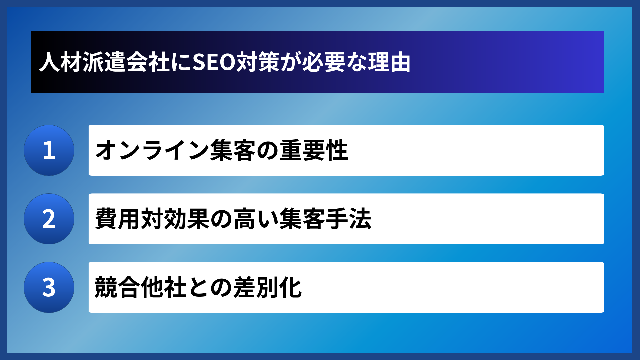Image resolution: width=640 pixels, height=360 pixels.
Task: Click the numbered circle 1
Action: pyautogui.click(x=49, y=150)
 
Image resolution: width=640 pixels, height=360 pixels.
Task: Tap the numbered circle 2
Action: pyautogui.click(x=49, y=219)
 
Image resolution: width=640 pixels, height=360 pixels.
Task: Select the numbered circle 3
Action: pyautogui.click(x=49, y=287)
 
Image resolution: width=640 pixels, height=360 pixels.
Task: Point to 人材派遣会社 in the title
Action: pyautogui.click(x=104, y=62)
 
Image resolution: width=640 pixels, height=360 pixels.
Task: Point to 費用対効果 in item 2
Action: pyautogui.click(x=152, y=219)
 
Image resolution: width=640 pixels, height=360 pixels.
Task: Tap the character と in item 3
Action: pyautogui.click(x=198, y=287)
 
